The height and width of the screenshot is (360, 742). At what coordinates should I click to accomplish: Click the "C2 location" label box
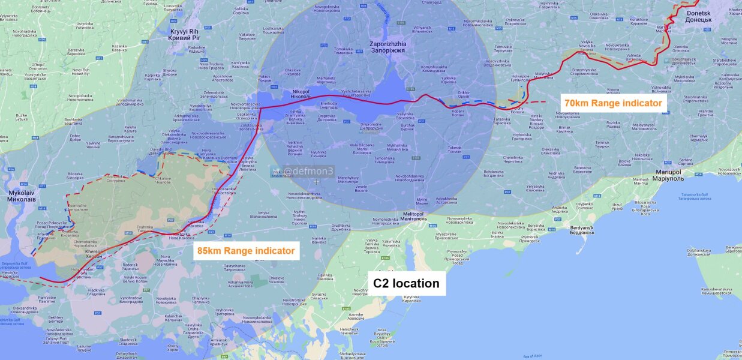(x=406, y=283)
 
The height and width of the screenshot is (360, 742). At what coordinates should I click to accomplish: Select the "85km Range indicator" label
(x=247, y=250)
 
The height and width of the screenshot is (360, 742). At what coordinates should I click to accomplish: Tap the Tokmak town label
(x=455, y=149)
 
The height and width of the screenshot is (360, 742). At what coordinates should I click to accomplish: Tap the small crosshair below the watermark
(x=317, y=182)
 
